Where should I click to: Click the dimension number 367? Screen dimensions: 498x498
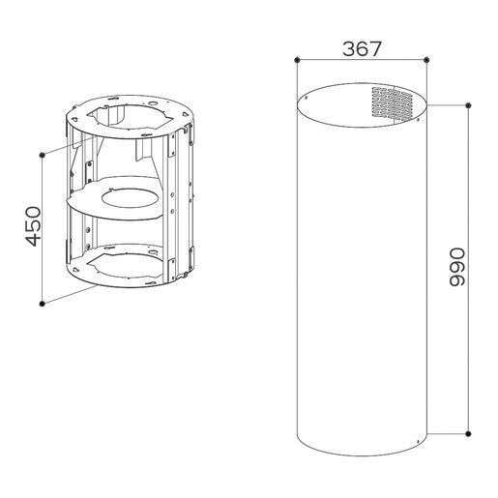362,46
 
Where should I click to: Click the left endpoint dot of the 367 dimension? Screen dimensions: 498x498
295,59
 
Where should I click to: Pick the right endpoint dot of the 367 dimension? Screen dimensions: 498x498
427,59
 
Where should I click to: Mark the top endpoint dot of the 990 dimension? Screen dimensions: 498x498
469,103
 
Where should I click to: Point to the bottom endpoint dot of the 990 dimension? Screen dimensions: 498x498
469,433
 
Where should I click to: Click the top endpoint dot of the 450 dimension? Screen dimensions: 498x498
44,154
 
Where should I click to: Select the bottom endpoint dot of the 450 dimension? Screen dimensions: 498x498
44,305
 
